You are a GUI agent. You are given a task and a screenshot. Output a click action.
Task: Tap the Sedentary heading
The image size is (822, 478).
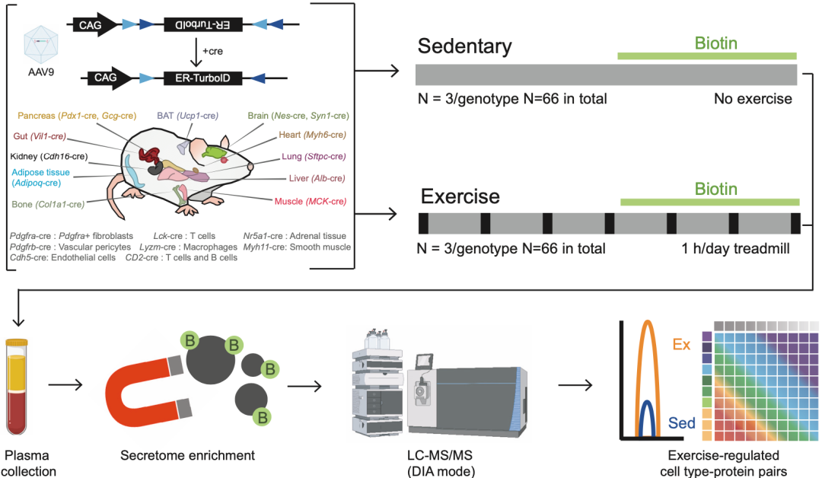464,47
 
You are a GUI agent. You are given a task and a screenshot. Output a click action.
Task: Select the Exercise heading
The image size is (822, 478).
460,196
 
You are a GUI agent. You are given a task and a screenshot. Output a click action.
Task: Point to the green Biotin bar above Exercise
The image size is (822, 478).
710,202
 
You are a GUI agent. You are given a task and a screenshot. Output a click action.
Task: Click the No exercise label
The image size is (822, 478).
753,99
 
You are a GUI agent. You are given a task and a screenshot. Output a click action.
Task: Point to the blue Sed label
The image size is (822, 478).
682,422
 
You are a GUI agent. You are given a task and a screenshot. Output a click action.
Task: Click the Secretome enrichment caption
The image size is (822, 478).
187,456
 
